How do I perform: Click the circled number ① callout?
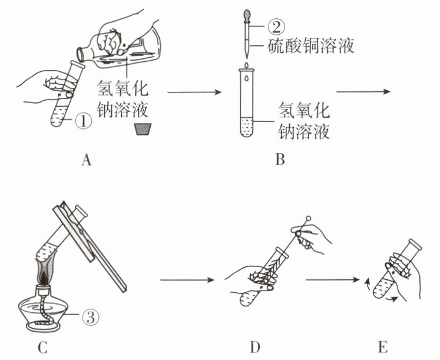[83, 122]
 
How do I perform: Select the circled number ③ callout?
[91, 318]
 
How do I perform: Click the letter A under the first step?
[87, 160]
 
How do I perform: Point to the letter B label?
[280, 159]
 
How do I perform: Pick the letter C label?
[42, 347]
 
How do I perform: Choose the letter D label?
[255, 347]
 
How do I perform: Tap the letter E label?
[383, 347]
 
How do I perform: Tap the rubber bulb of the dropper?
[247, 16]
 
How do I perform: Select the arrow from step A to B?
[194, 92]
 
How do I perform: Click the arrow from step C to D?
[187, 279]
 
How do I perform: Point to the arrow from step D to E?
[333, 279]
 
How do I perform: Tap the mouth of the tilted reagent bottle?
[81, 55]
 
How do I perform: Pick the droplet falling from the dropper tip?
[247, 65]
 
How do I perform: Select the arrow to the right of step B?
[363, 91]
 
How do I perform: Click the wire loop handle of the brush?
[308, 218]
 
